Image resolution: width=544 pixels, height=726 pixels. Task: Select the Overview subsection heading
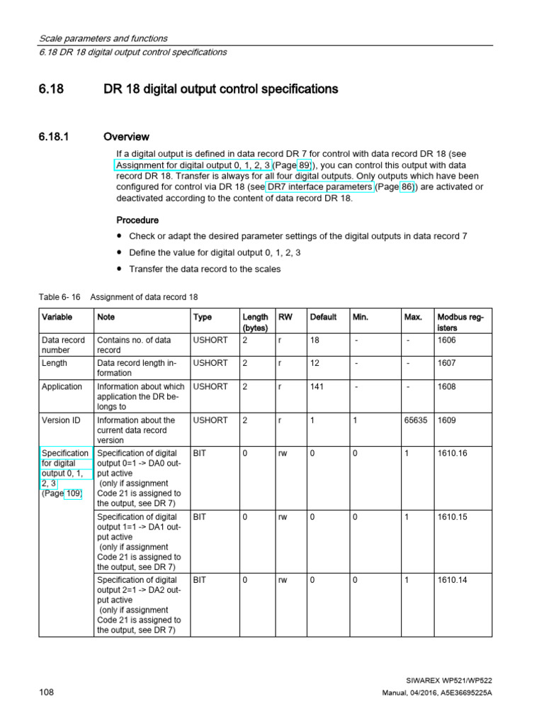(x=126, y=136)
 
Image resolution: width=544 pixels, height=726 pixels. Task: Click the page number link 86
(x=406, y=187)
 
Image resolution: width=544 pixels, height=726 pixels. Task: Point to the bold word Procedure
(x=137, y=220)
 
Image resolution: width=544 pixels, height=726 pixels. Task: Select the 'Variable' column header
(x=57, y=317)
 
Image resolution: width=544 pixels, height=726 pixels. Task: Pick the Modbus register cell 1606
(x=448, y=340)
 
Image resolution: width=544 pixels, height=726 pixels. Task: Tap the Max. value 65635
(x=416, y=420)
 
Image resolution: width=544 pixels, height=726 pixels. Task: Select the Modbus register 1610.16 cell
(x=453, y=453)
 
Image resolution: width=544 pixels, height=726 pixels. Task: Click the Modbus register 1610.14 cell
(x=453, y=580)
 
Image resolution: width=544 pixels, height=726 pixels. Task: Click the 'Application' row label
(x=62, y=387)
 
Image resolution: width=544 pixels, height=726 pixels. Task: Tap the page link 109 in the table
(x=74, y=494)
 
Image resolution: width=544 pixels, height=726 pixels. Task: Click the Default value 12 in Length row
(x=315, y=363)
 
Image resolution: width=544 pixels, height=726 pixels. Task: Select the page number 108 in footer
(x=46, y=692)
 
